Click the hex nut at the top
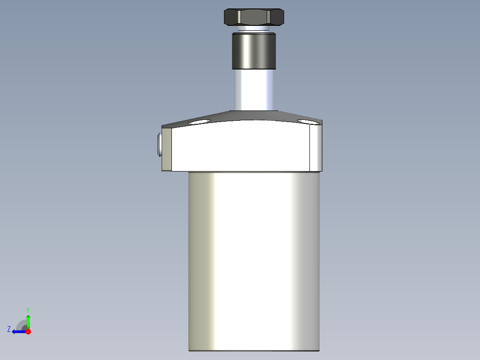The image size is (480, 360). point(253,17)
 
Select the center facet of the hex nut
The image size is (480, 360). point(253,18)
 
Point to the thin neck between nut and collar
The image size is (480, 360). point(253,29)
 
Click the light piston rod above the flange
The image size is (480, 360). point(253,89)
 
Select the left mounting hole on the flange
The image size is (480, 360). point(199,122)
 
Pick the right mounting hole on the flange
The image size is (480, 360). point(308,122)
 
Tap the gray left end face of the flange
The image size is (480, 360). point(167,149)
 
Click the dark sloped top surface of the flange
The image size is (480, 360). point(254,116)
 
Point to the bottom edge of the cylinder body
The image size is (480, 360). point(254,350)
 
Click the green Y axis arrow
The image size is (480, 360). point(28,321)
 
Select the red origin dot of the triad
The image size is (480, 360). point(28,331)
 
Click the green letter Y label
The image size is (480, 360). point(28,309)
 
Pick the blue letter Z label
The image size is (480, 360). point(9,329)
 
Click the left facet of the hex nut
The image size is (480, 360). point(231,18)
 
